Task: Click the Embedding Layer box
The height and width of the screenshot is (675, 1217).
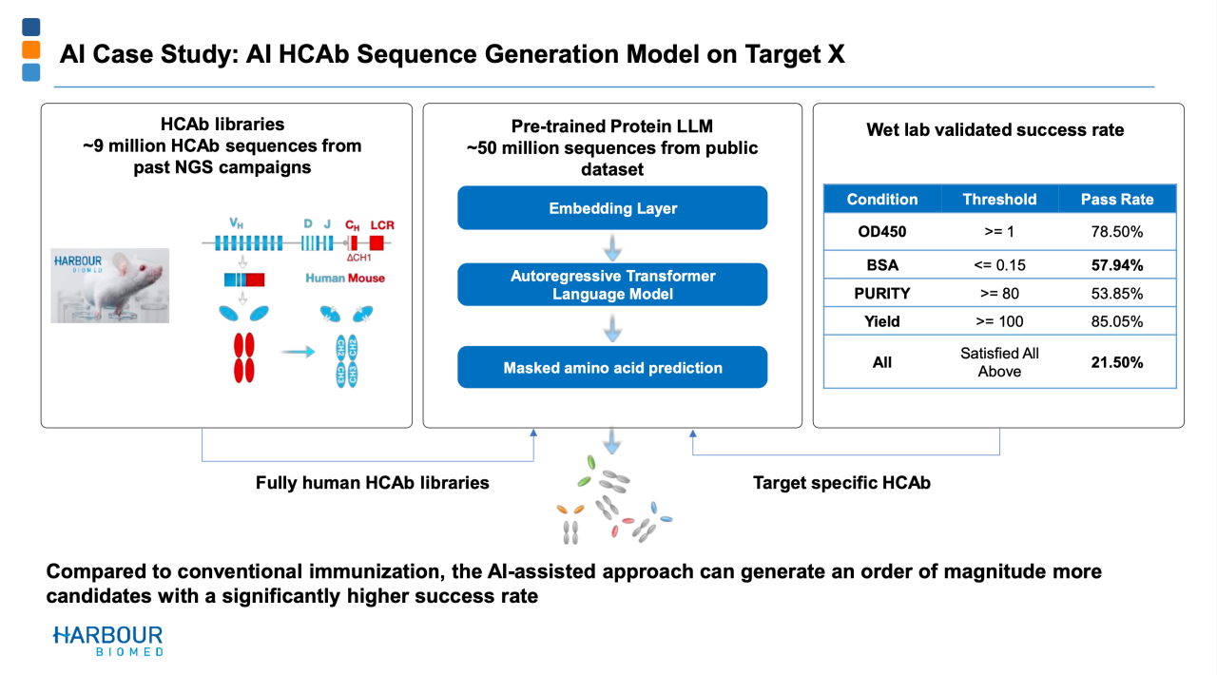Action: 612,208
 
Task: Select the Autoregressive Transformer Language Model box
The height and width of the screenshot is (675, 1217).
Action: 612,285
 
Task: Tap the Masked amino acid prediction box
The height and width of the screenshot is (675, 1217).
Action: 612,367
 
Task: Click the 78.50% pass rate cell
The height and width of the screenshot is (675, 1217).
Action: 1117,232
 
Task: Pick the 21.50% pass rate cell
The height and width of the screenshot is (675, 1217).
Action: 1117,362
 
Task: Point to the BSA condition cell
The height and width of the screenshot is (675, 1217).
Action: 882,265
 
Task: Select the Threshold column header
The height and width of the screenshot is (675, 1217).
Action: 999,200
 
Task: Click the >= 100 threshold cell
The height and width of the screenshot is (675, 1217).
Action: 999,321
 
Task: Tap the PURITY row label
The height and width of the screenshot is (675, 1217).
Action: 881,294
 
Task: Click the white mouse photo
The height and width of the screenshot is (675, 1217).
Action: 109,286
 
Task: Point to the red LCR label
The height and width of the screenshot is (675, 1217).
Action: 382,225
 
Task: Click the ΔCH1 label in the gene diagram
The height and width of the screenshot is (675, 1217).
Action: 358,258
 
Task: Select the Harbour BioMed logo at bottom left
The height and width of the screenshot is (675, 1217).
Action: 107,641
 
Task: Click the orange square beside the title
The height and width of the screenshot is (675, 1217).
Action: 31,49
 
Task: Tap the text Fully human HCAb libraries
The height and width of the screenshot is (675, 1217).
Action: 372,483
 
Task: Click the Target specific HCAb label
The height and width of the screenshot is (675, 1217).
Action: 841,483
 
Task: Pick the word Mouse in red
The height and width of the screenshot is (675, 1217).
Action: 366,279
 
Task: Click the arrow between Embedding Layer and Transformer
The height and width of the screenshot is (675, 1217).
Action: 612,247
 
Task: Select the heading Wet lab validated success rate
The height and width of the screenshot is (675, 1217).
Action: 995,130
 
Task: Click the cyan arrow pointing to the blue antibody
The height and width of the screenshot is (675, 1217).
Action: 298,352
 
